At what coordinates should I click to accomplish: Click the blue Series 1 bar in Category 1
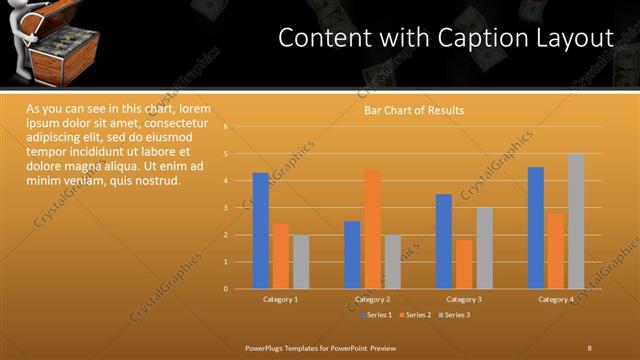click(261, 231)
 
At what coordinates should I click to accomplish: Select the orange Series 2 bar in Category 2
click(372, 229)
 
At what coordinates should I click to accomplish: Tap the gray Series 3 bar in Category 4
click(575, 221)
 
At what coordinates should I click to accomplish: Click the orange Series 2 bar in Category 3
click(463, 264)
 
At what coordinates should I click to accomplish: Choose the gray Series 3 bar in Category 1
click(301, 261)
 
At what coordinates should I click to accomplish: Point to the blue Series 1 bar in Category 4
click(536, 228)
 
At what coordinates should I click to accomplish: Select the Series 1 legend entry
click(375, 315)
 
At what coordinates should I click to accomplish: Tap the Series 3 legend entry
click(453, 315)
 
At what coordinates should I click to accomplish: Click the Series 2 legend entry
click(414, 315)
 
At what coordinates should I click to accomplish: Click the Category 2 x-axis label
click(372, 299)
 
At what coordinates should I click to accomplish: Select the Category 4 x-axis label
click(555, 299)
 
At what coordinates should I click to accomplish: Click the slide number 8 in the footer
click(589, 347)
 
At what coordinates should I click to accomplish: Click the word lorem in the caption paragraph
click(192, 108)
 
